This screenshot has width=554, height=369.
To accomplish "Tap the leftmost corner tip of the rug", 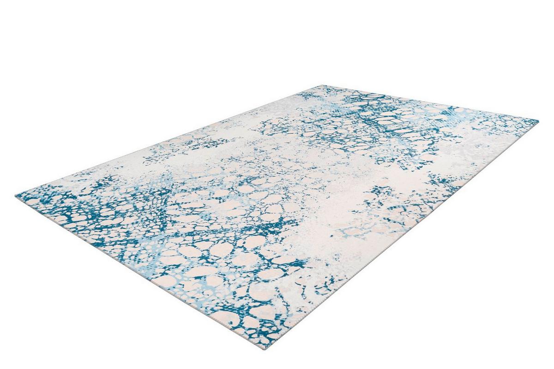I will [x=16, y=195].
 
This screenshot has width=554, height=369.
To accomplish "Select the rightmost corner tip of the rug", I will [x=538, y=121].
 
